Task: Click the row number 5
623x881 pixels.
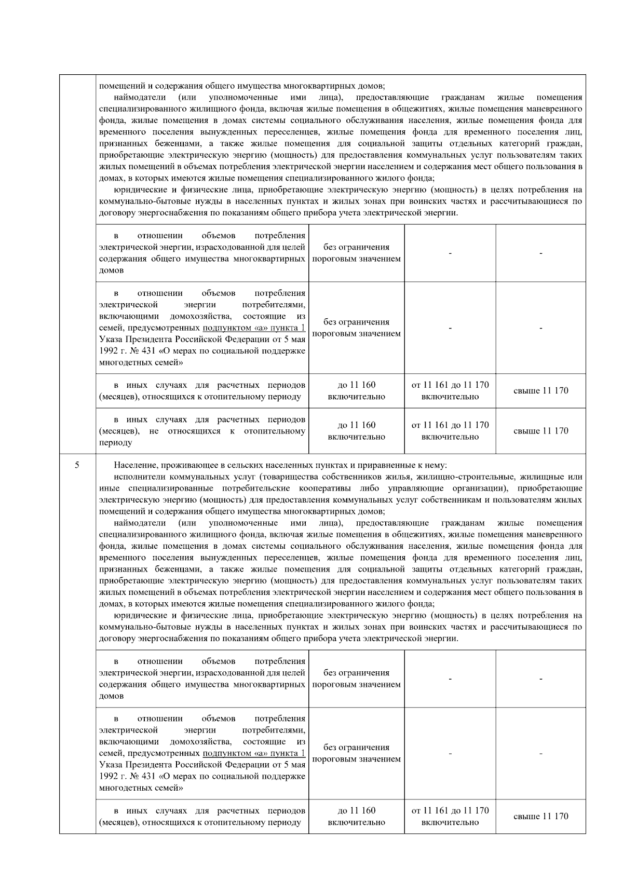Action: pyautogui.click(x=77, y=465)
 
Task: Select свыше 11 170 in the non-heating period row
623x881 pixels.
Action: pyautogui.click(x=540, y=431)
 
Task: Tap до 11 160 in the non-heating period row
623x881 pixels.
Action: pyautogui.click(x=356, y=425)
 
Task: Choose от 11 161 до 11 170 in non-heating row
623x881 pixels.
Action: pyautogui.click(x=450, y=425)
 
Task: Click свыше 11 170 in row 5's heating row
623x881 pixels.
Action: pyautogui.click(x=540, y=817)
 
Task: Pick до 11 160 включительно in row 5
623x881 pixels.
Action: pyautogui.click(x=356, y=817)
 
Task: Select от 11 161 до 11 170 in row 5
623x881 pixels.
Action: pyautogui.click(x=450, y=811)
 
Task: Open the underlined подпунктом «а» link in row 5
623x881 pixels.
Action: pyautogui.click(x=253, y=753)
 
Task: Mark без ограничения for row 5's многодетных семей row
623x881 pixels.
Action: pyautogui.click(x=356, y=748)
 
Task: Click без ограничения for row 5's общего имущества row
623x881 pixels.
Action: pyautogui.click(x=356, y=673)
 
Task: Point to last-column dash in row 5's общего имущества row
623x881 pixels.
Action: pyautogui.click(x=540, y=679)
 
